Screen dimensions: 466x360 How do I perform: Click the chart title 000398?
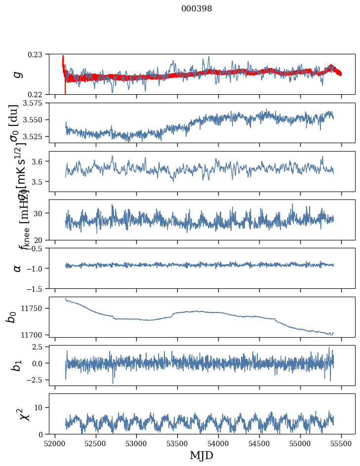tap(197, 8)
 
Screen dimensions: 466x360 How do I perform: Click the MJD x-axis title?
tap(201, 455)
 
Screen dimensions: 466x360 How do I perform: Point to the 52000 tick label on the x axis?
tap(55, 443)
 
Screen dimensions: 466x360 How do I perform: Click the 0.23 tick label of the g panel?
tap(38, 54)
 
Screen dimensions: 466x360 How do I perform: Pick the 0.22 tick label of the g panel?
tap(38, 94)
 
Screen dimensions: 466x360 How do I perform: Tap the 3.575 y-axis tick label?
tap(34, 103)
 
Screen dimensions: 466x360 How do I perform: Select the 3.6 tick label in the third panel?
tap(40, 161)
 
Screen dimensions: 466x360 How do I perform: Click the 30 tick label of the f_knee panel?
tap(41, 213)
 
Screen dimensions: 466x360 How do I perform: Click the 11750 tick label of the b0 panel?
tap(35, 308)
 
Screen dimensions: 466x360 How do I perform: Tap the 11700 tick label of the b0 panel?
tap(35, 335)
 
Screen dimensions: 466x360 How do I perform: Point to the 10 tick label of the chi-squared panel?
tap(41, 407)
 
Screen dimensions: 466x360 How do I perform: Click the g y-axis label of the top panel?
tap(18, 74)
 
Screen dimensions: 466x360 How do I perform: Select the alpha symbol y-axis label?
tap(18, 268)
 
